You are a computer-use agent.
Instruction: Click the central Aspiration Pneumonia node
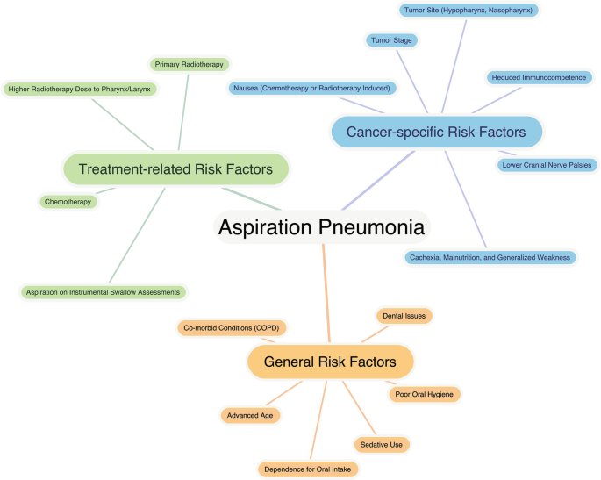321,227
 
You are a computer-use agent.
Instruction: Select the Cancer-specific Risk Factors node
436,132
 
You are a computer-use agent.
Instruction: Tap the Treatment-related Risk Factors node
175,168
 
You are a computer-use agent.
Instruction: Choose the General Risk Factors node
330,361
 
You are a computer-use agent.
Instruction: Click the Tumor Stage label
392,40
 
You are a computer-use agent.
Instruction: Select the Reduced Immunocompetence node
539,77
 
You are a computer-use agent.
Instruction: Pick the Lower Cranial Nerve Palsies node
547,164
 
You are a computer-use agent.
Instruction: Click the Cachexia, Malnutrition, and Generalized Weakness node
490,257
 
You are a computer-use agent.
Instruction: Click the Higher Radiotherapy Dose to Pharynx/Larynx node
79,89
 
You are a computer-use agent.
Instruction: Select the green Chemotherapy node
68,202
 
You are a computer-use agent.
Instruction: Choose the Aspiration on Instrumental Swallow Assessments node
104,291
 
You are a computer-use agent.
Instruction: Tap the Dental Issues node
404,314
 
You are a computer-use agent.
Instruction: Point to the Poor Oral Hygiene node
424,394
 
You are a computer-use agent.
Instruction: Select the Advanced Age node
250,415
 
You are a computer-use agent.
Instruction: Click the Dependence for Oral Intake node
308,469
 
